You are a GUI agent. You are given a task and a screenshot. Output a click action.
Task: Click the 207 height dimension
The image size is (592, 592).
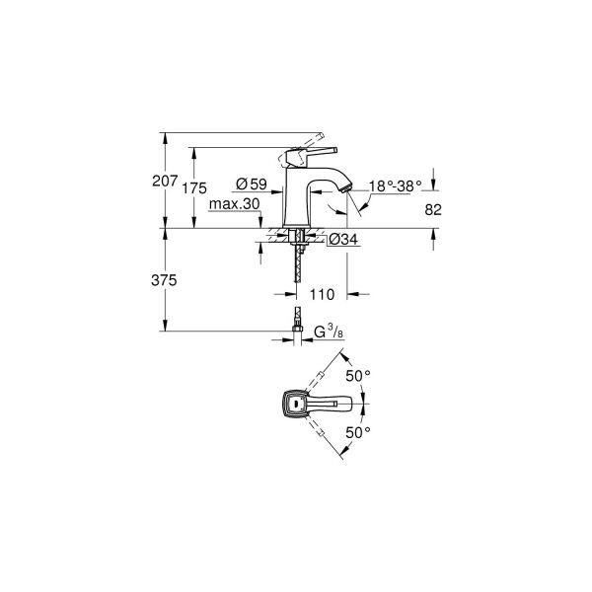pyautogui.click(x=165, y=181)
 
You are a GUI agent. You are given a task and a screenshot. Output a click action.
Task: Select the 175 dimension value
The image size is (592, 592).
pyautogui.click(x=194, y=188)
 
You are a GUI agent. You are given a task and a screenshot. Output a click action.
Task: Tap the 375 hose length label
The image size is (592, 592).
pyautogui.click(x=164, y=280)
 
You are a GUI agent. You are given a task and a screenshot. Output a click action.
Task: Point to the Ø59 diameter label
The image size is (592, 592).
pyautogui.click(x=252, y=184)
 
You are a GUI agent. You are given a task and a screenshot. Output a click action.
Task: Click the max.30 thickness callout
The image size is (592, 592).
pyautogui.click(x=235, y=204)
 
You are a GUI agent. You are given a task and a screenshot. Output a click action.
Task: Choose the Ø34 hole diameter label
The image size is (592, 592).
pyautogui.click(x=342, y=239)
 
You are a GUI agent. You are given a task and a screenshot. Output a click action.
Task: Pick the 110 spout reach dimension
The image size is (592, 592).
pyautogui.click(x=322, y=294)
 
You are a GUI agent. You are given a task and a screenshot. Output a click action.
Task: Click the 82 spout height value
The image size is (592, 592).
pyautogui.click(x=433, y=209)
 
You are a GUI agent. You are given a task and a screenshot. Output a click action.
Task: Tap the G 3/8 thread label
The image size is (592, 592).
pyautogui.click(x=329, y=333)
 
